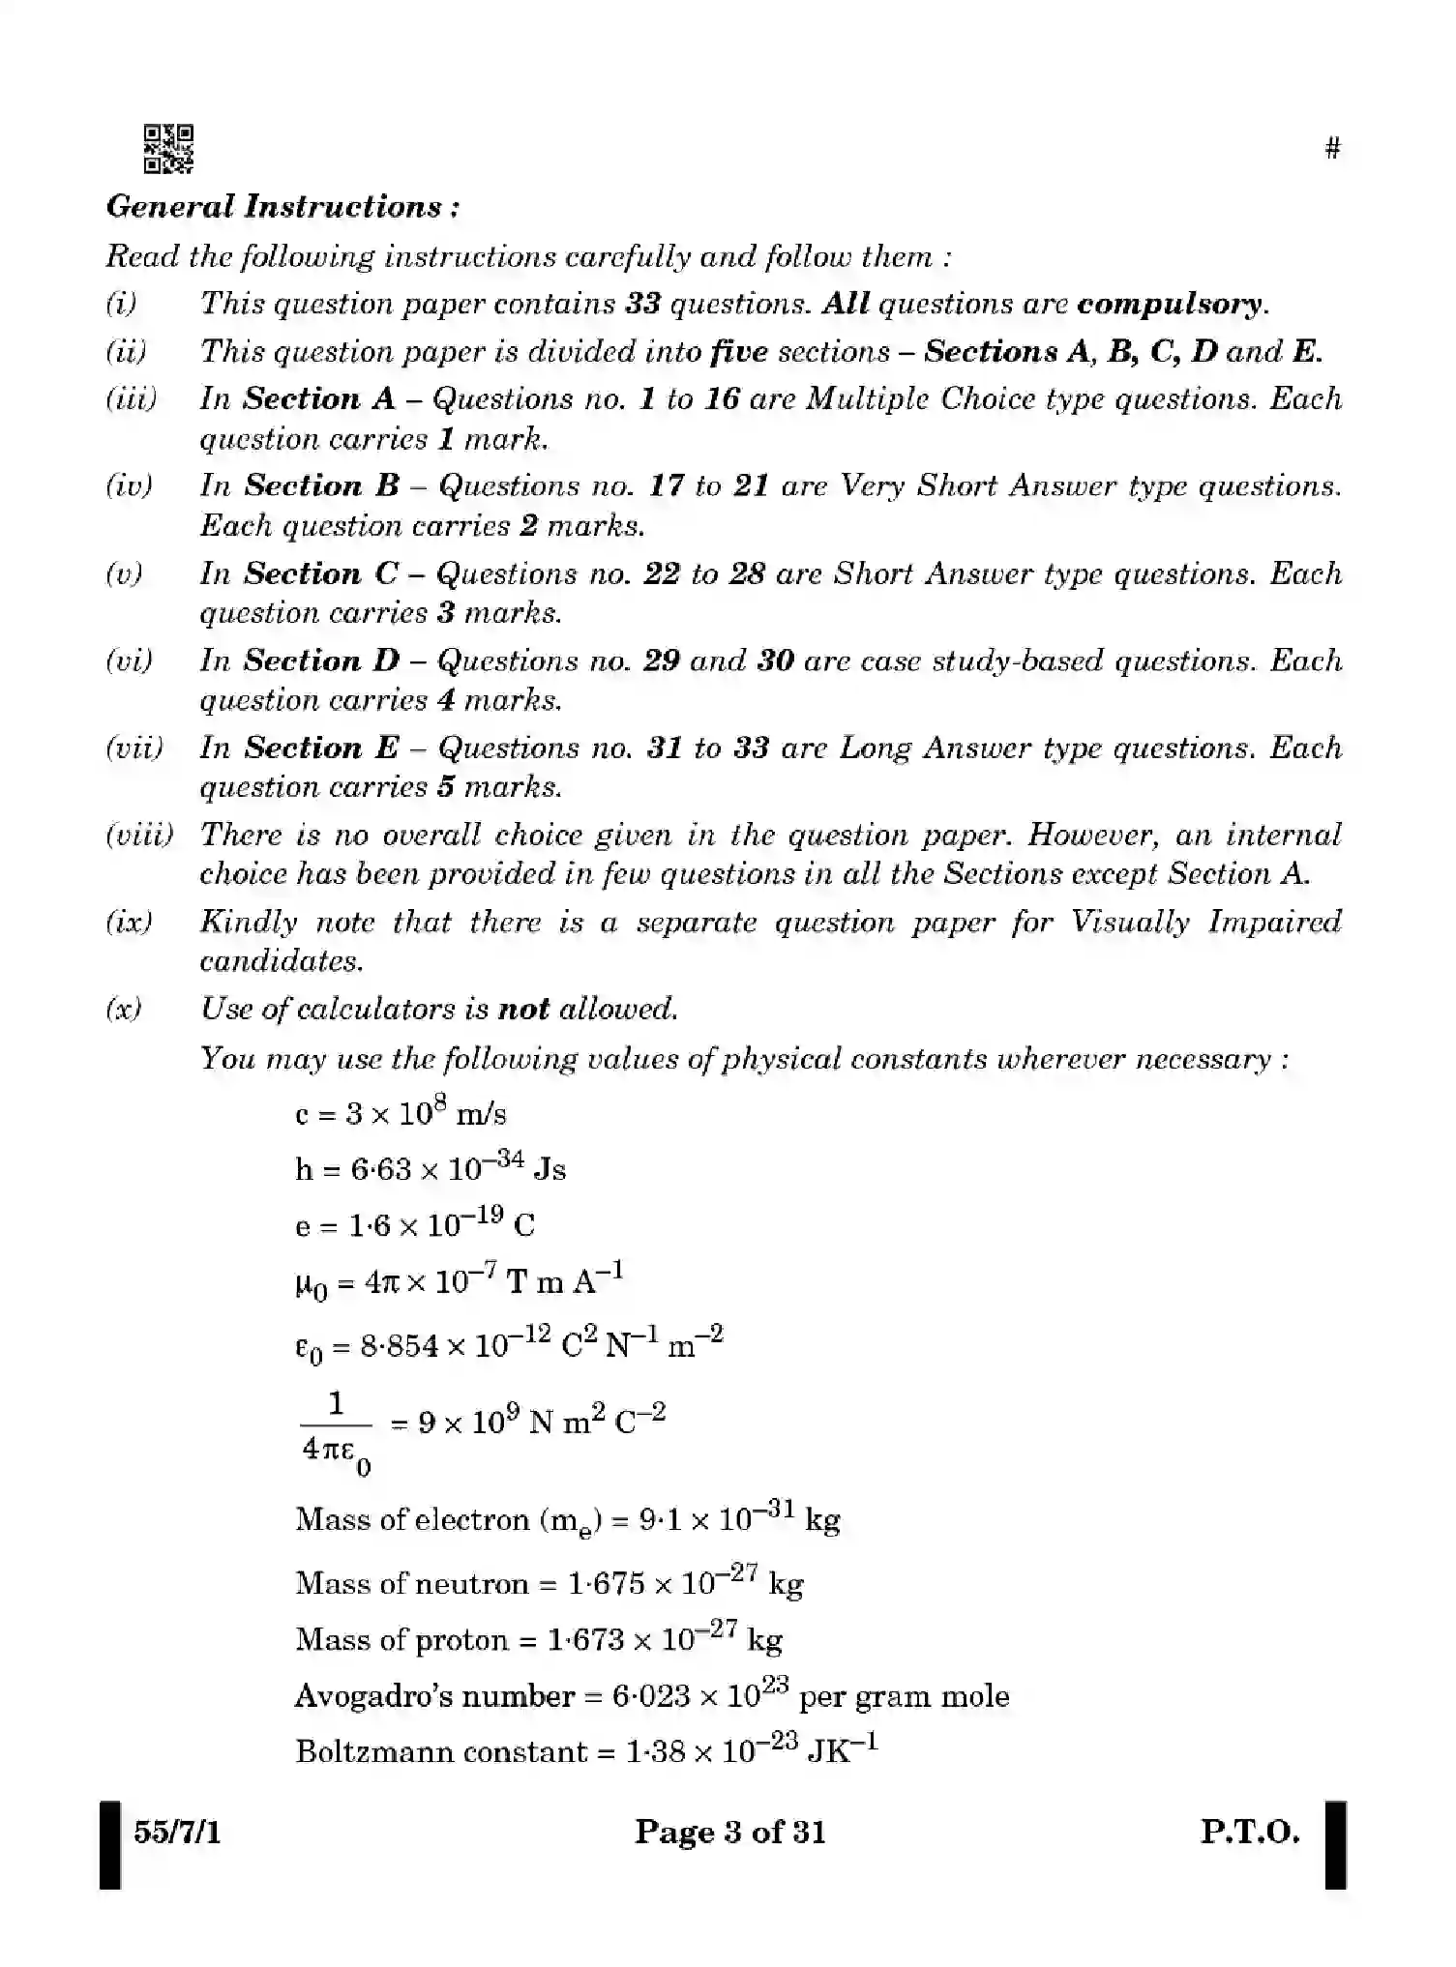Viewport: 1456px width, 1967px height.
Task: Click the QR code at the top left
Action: [168, 149]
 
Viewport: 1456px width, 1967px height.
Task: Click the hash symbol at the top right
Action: [1332, 148]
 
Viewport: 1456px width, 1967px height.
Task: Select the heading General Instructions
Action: [282, 207]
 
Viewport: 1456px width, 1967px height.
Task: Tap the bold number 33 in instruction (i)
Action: [642, 305]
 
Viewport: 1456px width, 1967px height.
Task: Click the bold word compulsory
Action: [1170, 305]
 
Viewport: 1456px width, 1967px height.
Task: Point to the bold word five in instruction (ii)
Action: [738, 352]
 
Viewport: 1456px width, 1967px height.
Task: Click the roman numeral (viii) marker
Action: [139, 835]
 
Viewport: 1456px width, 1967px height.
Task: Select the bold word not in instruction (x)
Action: [522, 1010]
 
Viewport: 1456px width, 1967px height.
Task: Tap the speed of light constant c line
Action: [401, 1113]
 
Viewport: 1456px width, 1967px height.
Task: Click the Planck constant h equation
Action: [431, 1169]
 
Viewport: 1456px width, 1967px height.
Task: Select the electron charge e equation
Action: [414, 1226]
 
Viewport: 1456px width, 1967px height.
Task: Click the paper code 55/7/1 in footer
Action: [177, 1833]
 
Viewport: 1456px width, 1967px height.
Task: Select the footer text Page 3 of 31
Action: [729, 1833]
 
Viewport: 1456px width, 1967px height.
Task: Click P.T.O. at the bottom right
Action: [1249, 1833]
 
